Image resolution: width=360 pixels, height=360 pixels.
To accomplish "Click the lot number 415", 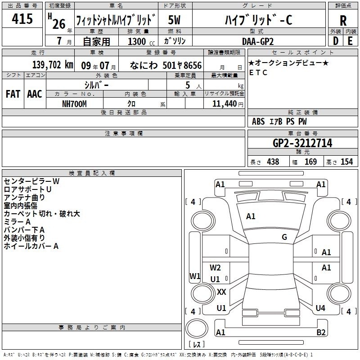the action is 22,18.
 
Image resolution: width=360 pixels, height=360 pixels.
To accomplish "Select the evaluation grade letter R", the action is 343,21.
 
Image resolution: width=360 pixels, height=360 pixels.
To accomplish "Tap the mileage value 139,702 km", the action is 53,65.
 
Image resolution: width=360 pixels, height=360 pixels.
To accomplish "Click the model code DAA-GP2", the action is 258,41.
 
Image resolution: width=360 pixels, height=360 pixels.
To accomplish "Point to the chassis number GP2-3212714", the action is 302,143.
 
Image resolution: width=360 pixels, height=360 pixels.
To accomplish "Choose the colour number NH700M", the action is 74,104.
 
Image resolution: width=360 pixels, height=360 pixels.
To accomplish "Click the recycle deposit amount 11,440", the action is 225,104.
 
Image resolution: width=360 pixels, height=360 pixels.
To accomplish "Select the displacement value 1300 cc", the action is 141,41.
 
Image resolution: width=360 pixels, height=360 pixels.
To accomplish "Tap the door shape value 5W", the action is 174,20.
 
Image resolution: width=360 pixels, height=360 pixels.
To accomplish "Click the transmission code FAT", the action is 13,94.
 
